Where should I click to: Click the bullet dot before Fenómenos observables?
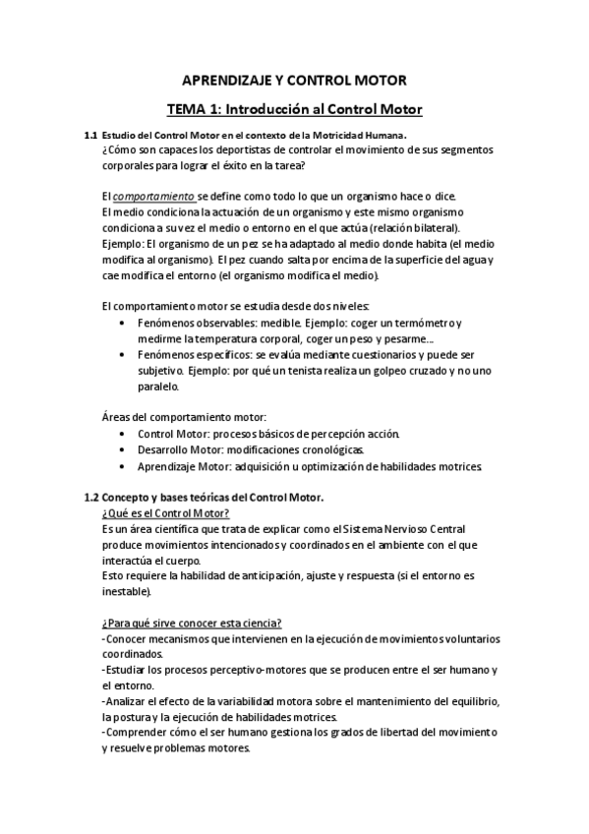(121, 324)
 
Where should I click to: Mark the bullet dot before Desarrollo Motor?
(121, 449)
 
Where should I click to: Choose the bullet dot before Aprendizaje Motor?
(121, 465)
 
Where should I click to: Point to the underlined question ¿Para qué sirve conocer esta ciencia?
(192, 624)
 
